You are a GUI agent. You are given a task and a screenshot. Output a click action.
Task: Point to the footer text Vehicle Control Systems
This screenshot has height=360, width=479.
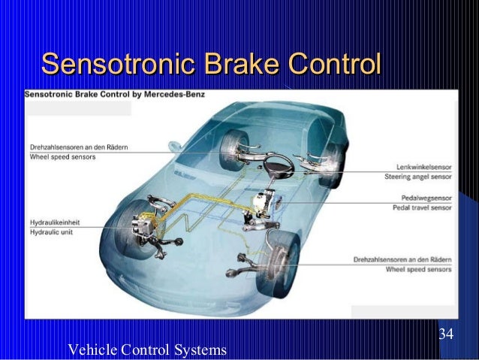[x=147, y=349]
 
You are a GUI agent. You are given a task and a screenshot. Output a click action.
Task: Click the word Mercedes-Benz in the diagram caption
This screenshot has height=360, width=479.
[x=182, y=95]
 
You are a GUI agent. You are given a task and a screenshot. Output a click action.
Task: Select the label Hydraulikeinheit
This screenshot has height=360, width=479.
[x=56, y=222]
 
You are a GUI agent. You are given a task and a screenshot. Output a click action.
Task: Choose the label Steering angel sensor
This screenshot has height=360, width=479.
[x=418, y=177]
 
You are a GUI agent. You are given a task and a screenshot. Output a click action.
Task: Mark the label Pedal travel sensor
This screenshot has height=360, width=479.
[x=422, y=207]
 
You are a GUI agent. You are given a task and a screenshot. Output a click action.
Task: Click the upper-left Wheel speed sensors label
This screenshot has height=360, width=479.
[x=62, y=156]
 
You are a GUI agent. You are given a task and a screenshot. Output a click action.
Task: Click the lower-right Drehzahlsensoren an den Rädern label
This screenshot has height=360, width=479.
[x=402, y=259]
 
